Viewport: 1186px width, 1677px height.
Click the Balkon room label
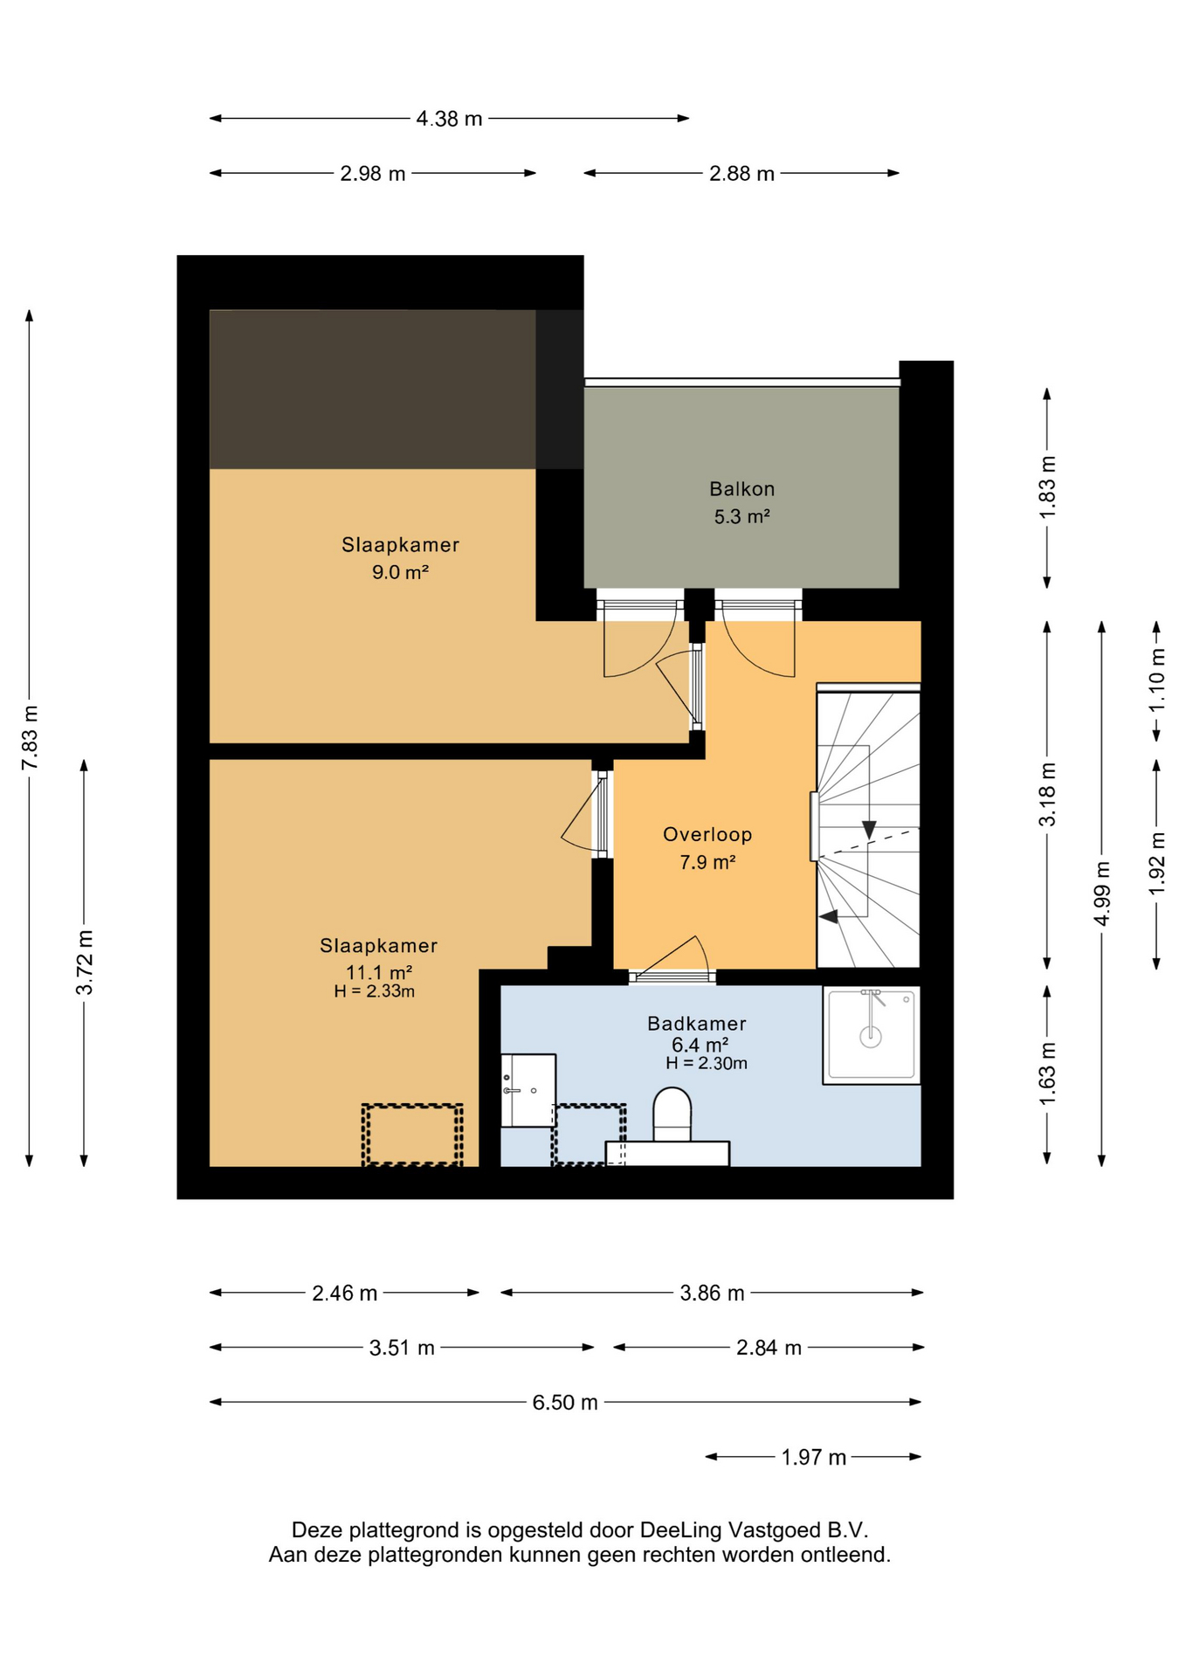click(741, 489)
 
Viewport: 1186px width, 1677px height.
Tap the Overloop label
click(707, 834)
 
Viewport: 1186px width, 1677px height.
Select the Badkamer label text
click(697, 1023)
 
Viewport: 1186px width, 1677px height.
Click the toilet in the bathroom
click(672, 1115)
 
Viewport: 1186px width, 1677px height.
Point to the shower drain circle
click(871, 1037)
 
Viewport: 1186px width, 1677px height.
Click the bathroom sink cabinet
click(528, 1090)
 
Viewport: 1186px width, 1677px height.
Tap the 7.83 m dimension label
click(30, 738)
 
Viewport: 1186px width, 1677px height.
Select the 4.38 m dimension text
click(449, 119)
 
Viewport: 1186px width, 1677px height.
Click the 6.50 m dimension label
click(565, 1402)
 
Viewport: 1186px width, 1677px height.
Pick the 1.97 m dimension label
click(813, 1457)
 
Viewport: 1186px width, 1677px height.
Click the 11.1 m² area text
click(379, 972)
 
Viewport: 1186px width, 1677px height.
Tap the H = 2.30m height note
click(707, 1063)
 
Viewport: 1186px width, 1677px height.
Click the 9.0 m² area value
click(400, 572)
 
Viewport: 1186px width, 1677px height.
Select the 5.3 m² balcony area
click(741, 516)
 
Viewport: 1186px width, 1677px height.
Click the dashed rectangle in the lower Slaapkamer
click(412, 1135)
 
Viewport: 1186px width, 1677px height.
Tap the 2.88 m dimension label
click(741, 174)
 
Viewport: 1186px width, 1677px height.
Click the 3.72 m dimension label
click(85, 963)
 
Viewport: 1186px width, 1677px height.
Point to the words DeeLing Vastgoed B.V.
click(755, 1529)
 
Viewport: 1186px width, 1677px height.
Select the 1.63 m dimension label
click(1048, 1073)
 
